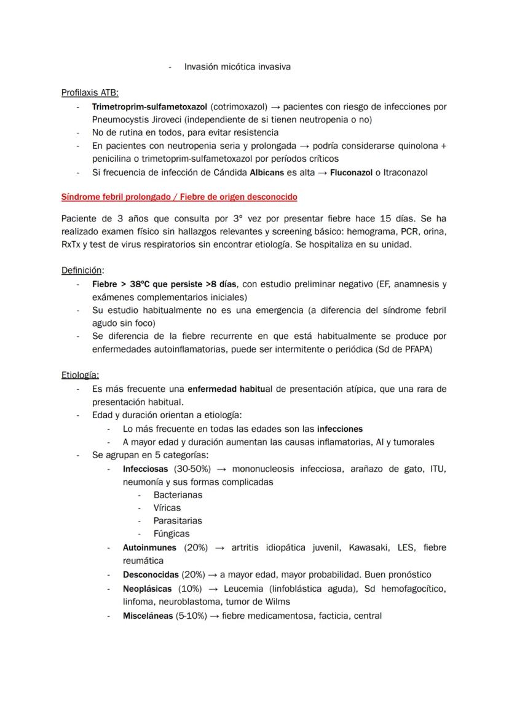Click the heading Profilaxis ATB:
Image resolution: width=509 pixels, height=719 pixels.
coord(90,93)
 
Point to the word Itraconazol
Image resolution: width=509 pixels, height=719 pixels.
coord(405,173)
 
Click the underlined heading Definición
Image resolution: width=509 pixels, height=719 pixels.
coord(82,270)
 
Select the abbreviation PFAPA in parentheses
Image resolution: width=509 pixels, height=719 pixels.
coord(428,349)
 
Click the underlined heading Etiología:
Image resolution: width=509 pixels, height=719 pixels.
coord(80,375)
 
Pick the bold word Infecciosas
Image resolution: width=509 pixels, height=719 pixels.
coord(145,469)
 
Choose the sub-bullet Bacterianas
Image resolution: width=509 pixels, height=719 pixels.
coord(178,495)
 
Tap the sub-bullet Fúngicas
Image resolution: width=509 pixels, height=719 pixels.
coord(172,534)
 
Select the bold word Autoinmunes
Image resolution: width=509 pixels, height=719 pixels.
coord(149,547)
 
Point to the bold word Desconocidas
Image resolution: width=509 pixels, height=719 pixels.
coord(151,575)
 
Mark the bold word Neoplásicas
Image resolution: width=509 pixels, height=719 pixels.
coord(148,589)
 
